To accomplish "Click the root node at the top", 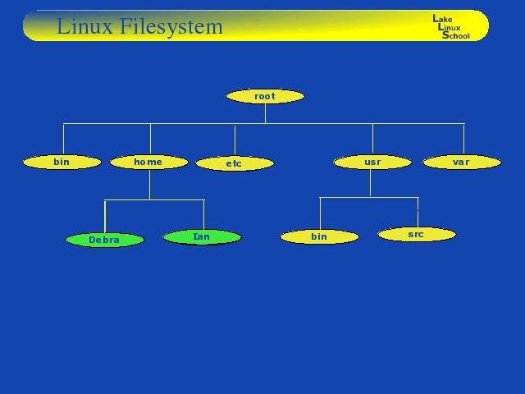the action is pos(265,96).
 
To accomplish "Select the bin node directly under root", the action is pos(62,163).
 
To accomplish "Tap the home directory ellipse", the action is pos(149,163).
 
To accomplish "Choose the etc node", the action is pos(235,163).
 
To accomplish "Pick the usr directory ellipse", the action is pos(372,163).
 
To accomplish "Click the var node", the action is pos(462,163).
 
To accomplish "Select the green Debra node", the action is pos(105,240).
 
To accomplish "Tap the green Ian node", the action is pos(203,237).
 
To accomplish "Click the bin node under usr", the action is pos(320,237).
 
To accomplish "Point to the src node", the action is pos(417,235).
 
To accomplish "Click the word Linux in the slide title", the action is pos(85,25).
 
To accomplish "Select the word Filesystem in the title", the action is pos(171,27).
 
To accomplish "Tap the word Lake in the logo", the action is pos(442,19).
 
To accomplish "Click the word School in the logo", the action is pos(456,35).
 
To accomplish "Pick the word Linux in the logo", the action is pos(449,27).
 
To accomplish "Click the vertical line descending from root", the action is pos(265,114).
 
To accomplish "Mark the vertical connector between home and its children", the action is pos(149,185).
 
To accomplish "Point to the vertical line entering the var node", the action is pos(463,140).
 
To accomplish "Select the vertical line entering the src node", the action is pos(418,213).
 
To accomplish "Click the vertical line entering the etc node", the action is pos(235,140).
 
